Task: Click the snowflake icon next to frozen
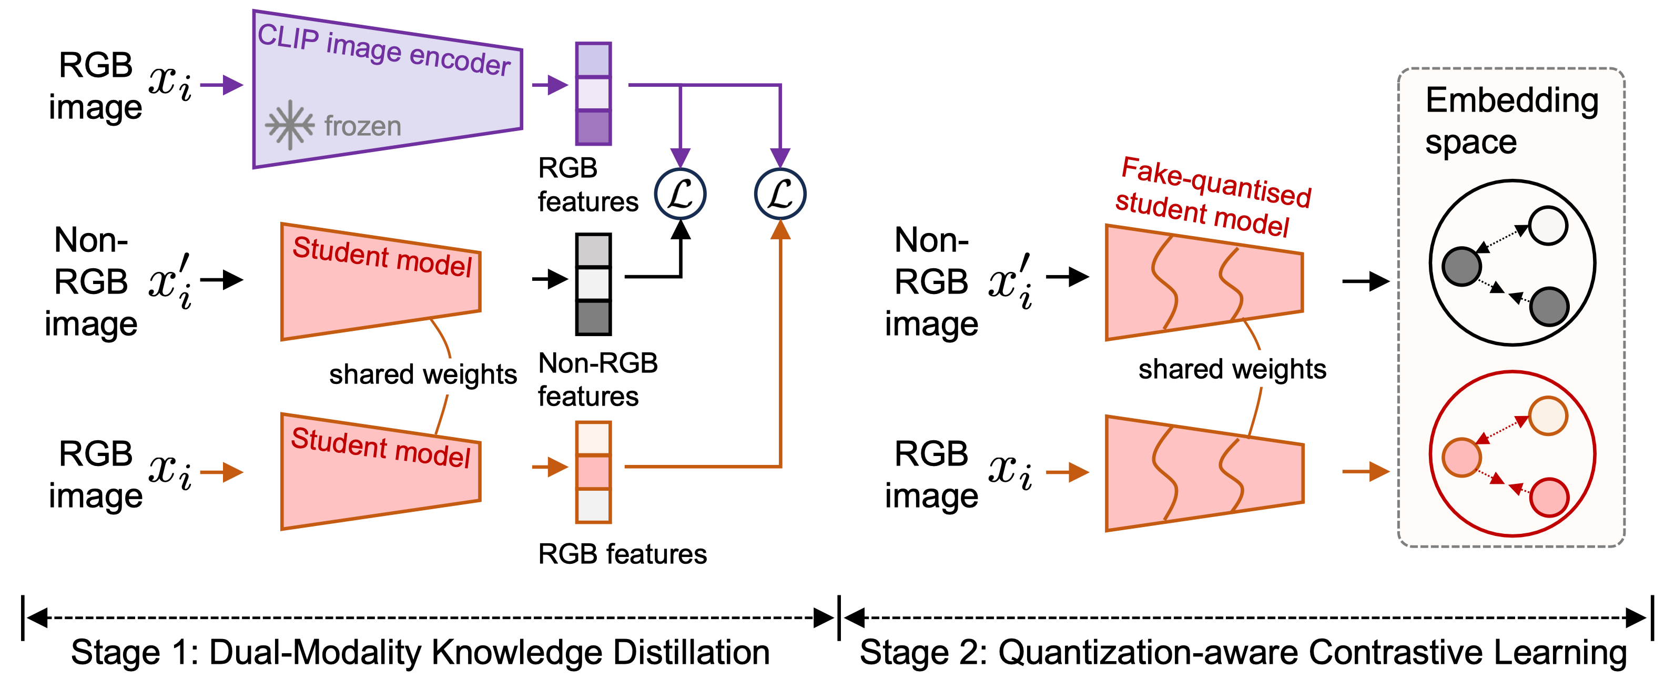[290, 125]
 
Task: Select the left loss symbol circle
[680, 194]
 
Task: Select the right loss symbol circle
[780, 194]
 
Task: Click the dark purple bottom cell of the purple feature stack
[593, 127]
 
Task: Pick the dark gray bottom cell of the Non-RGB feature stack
[593, 317]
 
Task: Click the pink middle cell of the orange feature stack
[593, 472]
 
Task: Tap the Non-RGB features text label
[597, 379]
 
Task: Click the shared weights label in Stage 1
[423, 374]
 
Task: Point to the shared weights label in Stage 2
[1232, 369]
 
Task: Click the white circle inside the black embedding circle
[1548, 226]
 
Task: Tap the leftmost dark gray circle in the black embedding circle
[1461, 266]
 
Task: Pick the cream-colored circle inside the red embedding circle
[1548, 416]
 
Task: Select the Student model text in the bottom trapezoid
[381, 447]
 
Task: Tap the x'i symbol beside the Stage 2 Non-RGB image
[1011, 282]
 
